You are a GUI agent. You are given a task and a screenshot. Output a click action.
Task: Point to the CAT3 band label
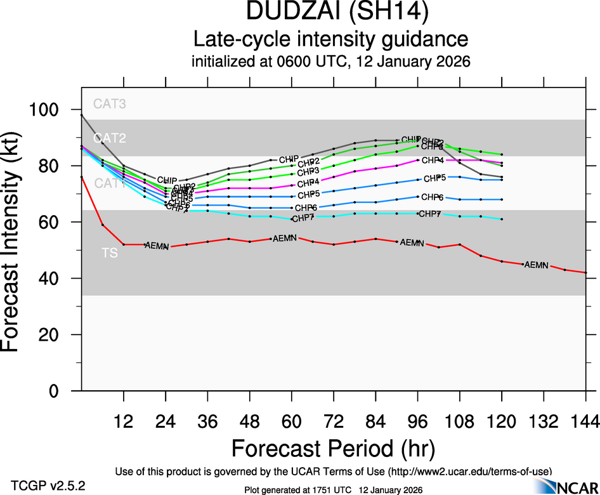(x=109, y=104)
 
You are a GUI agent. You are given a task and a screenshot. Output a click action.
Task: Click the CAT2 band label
(x=109, y=138)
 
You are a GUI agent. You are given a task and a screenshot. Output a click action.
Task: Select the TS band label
(x=109, y=253)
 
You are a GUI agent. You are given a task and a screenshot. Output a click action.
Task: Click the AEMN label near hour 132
(x=536, y=265)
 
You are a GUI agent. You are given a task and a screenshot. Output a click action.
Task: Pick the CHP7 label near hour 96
(x=429, y=214)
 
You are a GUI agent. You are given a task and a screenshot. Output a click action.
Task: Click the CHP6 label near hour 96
(x=431, y=197)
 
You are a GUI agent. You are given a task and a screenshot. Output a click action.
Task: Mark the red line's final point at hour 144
(x=585, y=272)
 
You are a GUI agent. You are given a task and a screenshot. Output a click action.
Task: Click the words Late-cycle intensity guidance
(x=330, y=39)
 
